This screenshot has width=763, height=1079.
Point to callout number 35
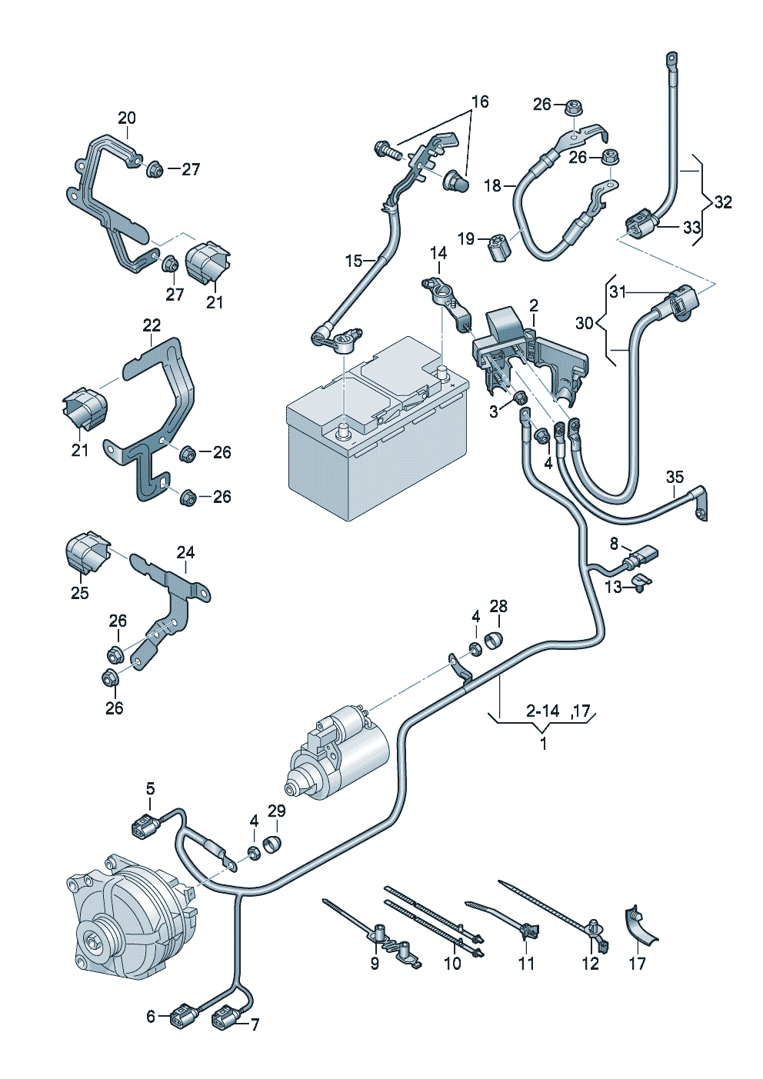(x=675, y=477)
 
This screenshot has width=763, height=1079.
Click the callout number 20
(x=127, y=118)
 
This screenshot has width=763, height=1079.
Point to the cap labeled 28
(x=493, y=641)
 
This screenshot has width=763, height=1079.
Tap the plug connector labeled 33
(x=642, y=224)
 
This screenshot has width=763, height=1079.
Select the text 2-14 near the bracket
(x=542, y=711)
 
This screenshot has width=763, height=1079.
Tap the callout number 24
(x=185, y=552)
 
